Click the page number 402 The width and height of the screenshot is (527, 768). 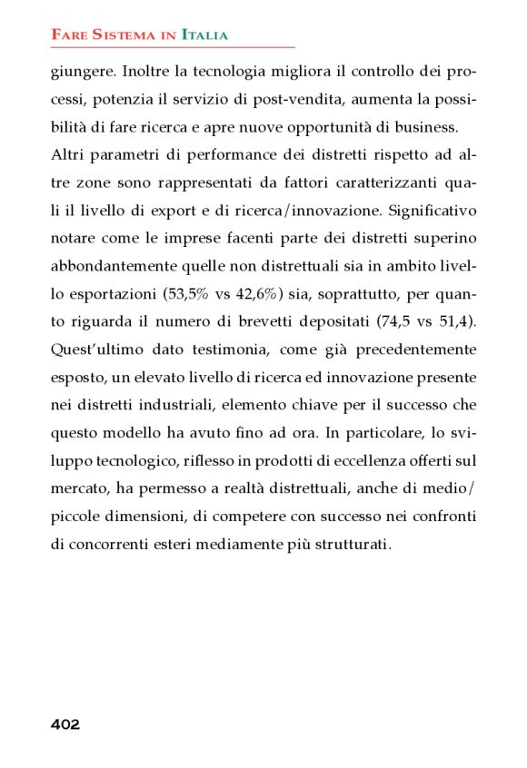(x=65, y=724)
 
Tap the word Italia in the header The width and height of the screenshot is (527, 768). (x=204, y=35)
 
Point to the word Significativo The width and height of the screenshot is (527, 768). (x=431, y=212)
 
